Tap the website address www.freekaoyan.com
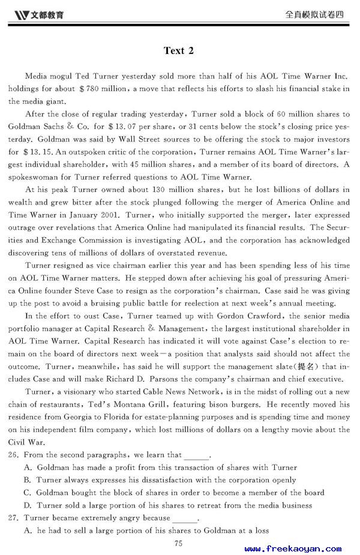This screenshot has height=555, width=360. [293, 548]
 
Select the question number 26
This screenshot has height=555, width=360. [13, 455]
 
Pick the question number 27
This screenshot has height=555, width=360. [13, 518]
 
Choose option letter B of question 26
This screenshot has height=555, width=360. [28, 480]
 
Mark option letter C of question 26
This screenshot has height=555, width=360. [28, 493]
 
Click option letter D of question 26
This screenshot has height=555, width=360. [28, 505]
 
